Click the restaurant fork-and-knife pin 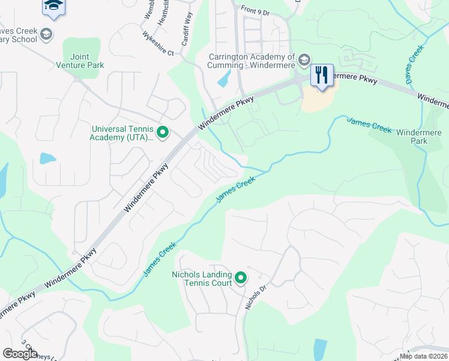pos(322,75)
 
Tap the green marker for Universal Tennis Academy pos(161,131)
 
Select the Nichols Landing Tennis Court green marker pos(241,277)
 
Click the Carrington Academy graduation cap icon pos(304,59)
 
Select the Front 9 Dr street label pos(256,8)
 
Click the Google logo pos(20,353)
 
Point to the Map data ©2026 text pos(423,356)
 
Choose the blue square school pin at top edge pos(53,7)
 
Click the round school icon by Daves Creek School pos(46,35)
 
